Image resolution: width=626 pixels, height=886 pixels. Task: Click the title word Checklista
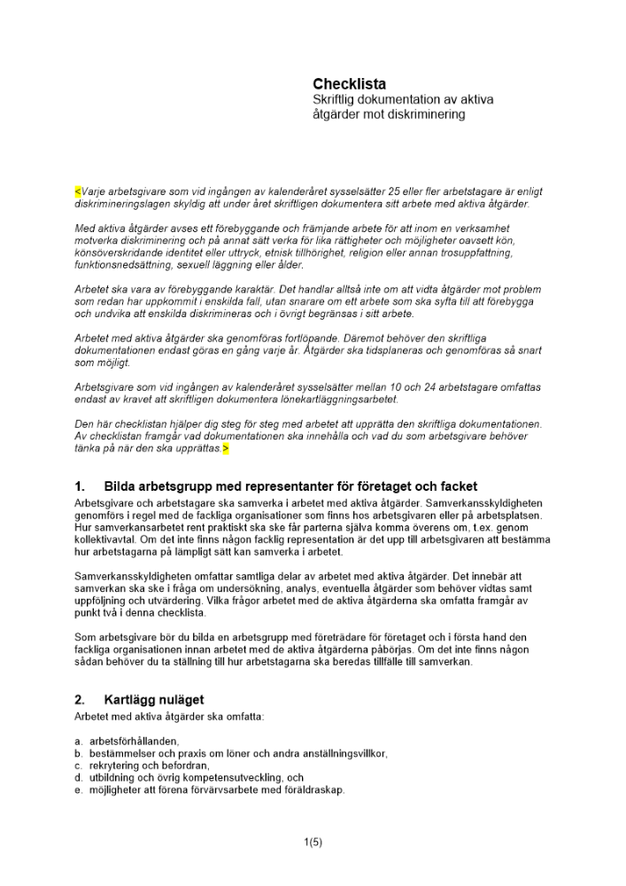[x=349, y=84]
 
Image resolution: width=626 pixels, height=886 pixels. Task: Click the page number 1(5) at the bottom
[x=313, y=843]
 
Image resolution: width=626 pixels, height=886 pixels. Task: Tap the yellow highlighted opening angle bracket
[x=78, y=191]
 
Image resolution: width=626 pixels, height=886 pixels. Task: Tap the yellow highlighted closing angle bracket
[x=225, y=449]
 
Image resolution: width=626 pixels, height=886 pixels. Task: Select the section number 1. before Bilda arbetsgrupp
[x=81, y=486]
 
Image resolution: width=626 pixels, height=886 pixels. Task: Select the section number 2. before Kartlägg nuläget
[x=81, y=700]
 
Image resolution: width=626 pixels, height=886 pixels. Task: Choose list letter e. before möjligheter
[x=79, y=789]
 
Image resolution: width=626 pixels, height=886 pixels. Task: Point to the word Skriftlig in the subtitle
[x=336, y=100]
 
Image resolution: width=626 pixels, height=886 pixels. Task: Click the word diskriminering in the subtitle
[x=425, y=115]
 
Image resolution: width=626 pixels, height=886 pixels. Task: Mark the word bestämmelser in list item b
[x=120, y=753]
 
